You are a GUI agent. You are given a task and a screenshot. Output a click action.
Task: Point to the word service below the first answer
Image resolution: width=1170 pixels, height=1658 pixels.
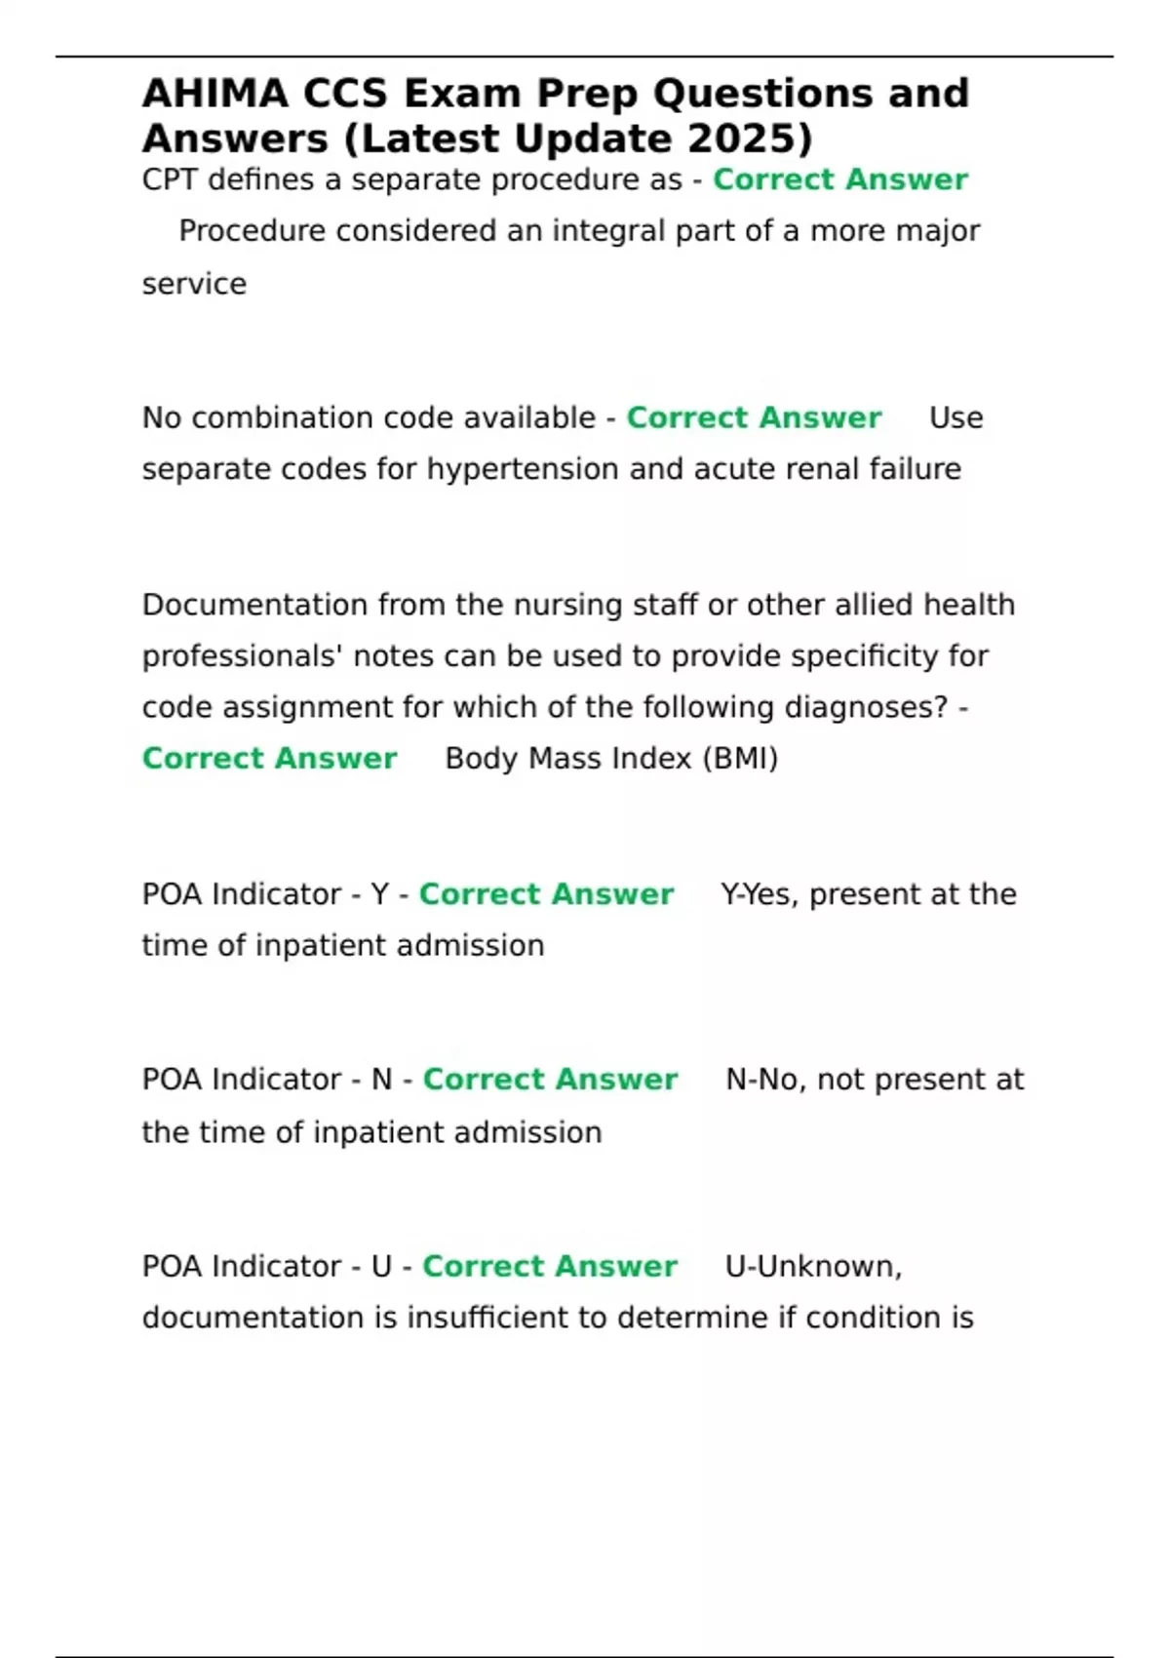coord(194,284)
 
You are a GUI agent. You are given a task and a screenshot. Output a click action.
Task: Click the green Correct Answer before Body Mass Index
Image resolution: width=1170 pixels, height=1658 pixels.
coord(269,759)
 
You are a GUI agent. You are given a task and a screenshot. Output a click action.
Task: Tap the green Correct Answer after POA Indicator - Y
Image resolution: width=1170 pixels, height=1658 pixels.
coord(546,894)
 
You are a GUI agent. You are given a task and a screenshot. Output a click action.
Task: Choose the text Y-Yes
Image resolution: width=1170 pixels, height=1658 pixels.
coord(760,894)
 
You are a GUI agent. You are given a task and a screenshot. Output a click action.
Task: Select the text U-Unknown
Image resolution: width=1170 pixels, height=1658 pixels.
coord(813,1266)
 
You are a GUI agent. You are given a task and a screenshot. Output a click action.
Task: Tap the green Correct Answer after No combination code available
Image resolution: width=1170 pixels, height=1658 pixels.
coord(754,417)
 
